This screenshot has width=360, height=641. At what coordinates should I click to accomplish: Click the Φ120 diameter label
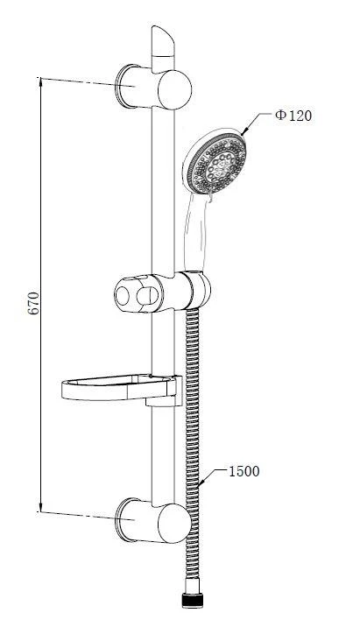click(x=293, y=116)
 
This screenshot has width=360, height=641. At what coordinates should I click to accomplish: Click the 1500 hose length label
click(x=244, y=471)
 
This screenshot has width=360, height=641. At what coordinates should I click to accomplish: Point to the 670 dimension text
click(x=33, y=303)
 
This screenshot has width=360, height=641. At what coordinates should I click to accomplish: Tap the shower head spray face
click(x=216, y=164)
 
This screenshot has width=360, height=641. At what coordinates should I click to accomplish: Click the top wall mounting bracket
click(x=153, y=87)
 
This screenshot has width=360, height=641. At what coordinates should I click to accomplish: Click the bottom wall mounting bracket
click(x=153, y=520)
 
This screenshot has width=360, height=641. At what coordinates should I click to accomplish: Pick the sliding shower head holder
click(x=162, y=292)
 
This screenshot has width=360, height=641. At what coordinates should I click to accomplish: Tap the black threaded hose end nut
click(x=193, y=601)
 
